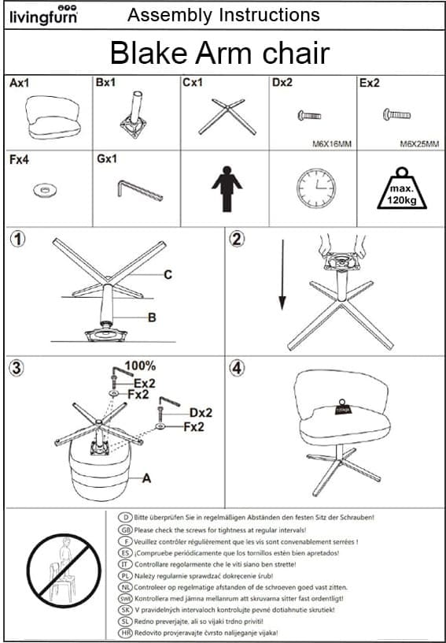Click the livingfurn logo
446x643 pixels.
tap(43, 15)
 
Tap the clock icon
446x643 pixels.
tap(315, 187)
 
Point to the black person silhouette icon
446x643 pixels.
tap(227, 188)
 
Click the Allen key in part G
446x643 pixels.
tap(140, 191)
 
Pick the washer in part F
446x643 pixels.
tap(45, 190)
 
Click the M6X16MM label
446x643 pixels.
tap(332, 144)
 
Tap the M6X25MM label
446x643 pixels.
tap(419, 144)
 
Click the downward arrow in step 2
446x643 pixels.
tap(282, 275)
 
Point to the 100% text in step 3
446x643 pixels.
tap(140, 365)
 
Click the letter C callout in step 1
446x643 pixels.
tap(168, 275)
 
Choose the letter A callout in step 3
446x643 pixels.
tap(146, 478)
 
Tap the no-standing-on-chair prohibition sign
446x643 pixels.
tap(64, 571)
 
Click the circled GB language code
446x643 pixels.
tap(125, 530)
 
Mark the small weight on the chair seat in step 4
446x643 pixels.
tap(341, 407)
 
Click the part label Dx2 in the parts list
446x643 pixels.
tap(282, 84)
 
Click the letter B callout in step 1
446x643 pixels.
tap(152, 318)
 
